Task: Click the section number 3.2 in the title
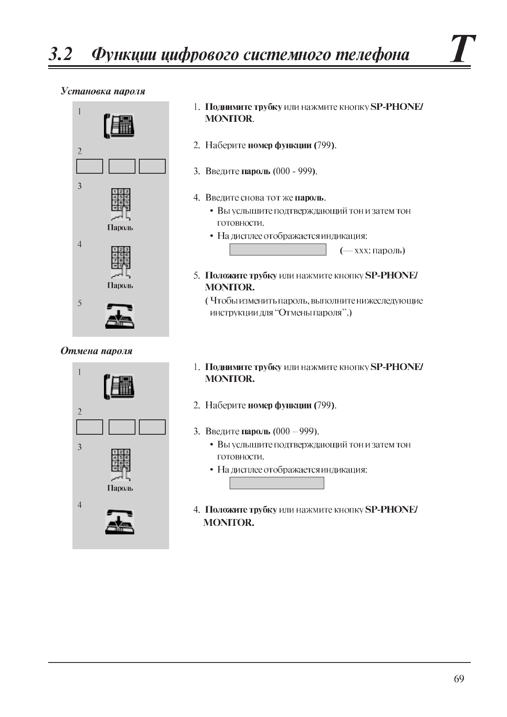coord(60,54)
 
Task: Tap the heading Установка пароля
coord(103,91)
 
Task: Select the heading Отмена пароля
coord(96,351)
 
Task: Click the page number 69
coord(459,679)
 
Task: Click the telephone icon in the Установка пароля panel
coord(119,126)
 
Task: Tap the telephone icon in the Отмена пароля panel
coord(119,387)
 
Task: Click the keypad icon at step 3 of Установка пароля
coord(121,204)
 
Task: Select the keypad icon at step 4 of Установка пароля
coord(121,262)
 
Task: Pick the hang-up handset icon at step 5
coord(120,316)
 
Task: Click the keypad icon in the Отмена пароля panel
coord(121,465)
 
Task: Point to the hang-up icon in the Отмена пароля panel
coord(120,522)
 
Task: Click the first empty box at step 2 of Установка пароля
coord(89,166)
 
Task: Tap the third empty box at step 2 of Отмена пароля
coord(152,427)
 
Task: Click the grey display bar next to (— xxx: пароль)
coord(278,250)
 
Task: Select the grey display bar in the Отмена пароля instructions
coord(277,483)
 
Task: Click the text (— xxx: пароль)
coord(372,250)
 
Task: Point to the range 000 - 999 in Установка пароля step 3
coord(294,171)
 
